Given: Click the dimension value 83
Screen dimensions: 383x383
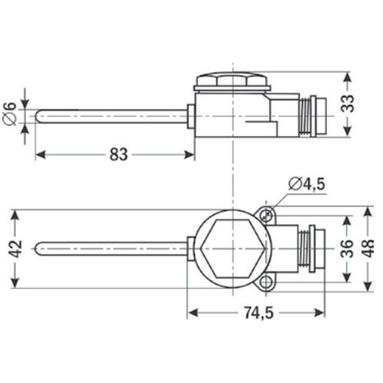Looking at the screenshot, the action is (x=118, y=155).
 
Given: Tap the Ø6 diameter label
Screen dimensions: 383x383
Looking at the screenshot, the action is (x=10, y=114).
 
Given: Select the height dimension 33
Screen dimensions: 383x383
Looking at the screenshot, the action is (x=348, y=103).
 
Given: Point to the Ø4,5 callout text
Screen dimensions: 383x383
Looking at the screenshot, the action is (x=307, y=184).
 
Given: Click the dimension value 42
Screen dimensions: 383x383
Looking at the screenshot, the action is (x=15, y=249).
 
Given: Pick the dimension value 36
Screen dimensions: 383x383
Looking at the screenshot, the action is (x=347, y=248).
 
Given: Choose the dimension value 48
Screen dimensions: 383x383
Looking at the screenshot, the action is (x=368, y=248).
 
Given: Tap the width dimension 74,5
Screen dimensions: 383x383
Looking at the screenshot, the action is (x=258, y=313).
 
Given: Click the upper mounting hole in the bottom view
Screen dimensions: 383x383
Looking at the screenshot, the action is (x=267, y=215).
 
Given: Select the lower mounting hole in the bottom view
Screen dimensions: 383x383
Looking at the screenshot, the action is (x=266, y=282).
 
